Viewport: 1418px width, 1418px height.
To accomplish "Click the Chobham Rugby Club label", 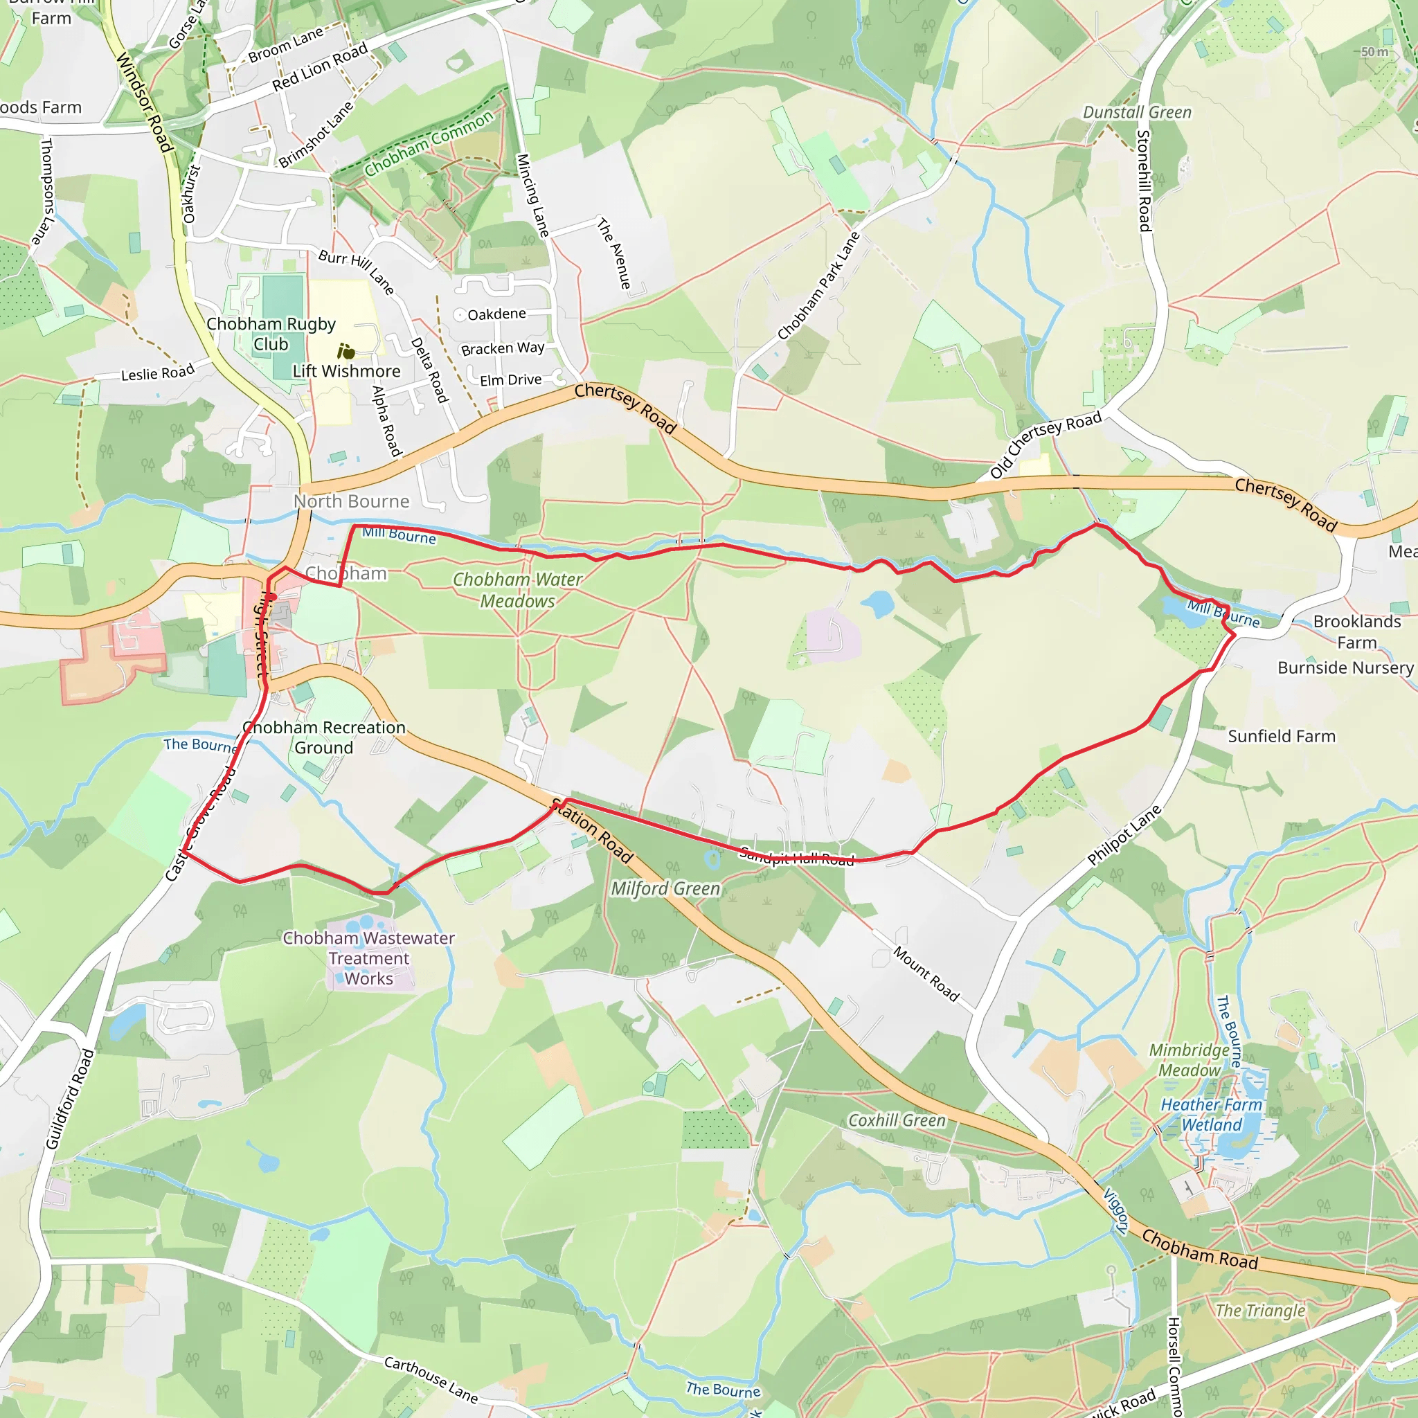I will (271, 334).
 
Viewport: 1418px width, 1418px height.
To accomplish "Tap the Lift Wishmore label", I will (346, 371).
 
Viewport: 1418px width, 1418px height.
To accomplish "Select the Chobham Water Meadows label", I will (517, 590).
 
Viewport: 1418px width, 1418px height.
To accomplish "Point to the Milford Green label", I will (665, 889).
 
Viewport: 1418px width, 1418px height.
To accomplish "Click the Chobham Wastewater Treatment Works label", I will (369, 958).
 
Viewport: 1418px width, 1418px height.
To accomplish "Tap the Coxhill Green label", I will (897, 1120).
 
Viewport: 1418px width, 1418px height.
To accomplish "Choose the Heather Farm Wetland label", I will (1211, 1115).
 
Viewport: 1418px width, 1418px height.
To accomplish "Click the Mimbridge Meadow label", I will (1189, 1060).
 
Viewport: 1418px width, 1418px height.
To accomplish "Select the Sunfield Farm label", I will (1282, 736).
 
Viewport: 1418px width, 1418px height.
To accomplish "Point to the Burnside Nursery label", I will (1345, 668).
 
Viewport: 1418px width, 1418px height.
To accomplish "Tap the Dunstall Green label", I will (1137, 112).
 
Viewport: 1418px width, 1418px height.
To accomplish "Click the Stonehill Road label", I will (1144, 181).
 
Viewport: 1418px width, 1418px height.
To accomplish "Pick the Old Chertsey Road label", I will (1045, 445).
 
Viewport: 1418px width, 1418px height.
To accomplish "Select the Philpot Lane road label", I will (1124, 835).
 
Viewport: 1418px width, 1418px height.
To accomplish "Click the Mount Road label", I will (926, 973).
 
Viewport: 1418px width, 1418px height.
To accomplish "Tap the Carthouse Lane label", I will (431, 1379).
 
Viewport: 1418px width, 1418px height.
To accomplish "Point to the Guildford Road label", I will (70, 1099).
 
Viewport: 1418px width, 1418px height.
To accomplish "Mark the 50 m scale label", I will (1374, 52).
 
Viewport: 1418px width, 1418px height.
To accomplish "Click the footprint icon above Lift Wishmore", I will (345, 352).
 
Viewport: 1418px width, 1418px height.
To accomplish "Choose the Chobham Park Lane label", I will (818, 287).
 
